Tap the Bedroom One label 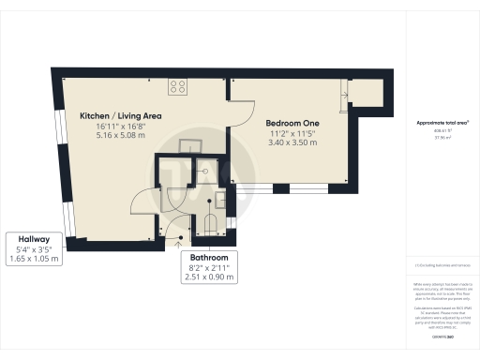tap(292, 123)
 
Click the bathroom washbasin tap(219, 198)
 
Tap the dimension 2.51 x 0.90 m tap(209, 278)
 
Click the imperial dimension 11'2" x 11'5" tap(292, 134)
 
